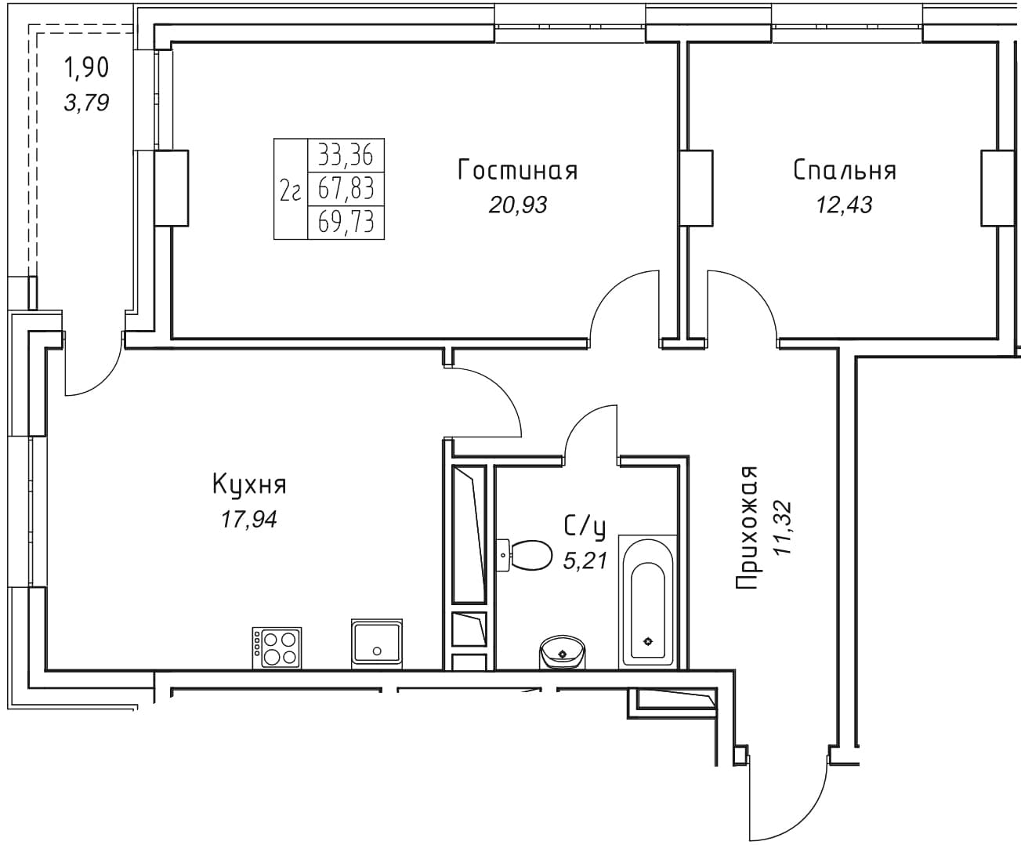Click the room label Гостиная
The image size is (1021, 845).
click(x=518, y=170)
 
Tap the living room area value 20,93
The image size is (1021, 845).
click(x=518, y=205)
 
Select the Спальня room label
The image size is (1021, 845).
click(x=845, y=170)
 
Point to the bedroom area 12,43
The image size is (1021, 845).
click(x=844, y=205)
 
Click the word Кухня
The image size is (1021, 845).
click(x=249, y=485)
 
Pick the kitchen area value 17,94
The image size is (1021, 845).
click(x=249, y=519)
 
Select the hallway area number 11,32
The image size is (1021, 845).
click(x=781, y=527)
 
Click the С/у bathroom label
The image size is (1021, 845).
click(x=585, y=527)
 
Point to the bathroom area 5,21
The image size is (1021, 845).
click(x=585, y=560)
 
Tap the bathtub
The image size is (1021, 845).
click(x=648, y=602)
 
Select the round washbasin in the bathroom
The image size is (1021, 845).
click(x=563, y=652)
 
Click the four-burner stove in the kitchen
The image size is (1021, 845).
click(x=277, y=647)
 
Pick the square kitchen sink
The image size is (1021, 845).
click(x=377, y=644)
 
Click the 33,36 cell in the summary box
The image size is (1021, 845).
click(x=346, y=155)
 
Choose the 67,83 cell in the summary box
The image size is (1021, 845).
click(x=346, y=189)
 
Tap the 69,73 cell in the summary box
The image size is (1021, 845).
click(x=346, y=223)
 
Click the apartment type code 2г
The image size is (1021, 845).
click(x=290, y=190)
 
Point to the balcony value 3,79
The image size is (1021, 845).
click(x=86, y=103)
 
